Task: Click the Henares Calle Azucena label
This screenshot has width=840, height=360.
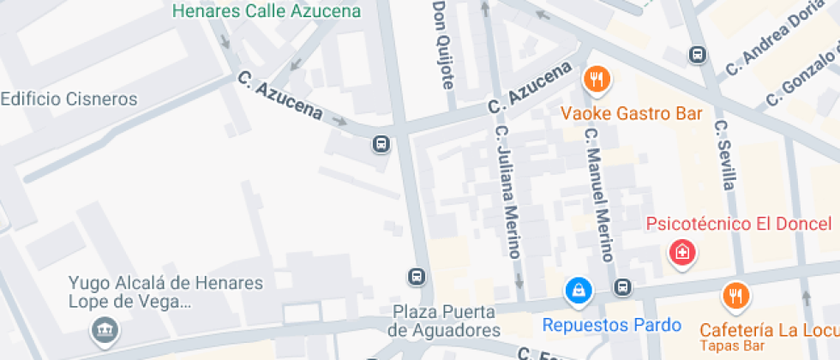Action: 267,11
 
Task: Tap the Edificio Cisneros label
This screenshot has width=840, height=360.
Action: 69,99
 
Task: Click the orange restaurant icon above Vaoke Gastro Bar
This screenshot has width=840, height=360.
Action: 596,81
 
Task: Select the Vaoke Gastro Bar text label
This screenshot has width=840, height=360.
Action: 632,113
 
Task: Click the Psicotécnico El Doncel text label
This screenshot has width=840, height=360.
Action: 738,225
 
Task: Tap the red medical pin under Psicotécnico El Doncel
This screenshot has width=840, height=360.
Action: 682,253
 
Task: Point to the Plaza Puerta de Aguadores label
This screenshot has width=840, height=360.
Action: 443,320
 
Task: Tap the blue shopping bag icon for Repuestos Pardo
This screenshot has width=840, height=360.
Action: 579,290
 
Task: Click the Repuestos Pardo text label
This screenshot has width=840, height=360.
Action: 612,325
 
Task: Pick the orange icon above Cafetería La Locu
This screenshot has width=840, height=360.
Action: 735,297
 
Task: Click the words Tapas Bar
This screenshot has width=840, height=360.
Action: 731,346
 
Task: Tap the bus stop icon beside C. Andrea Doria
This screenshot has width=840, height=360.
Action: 698,55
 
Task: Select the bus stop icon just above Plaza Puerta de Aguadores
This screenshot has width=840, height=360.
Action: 416,277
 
